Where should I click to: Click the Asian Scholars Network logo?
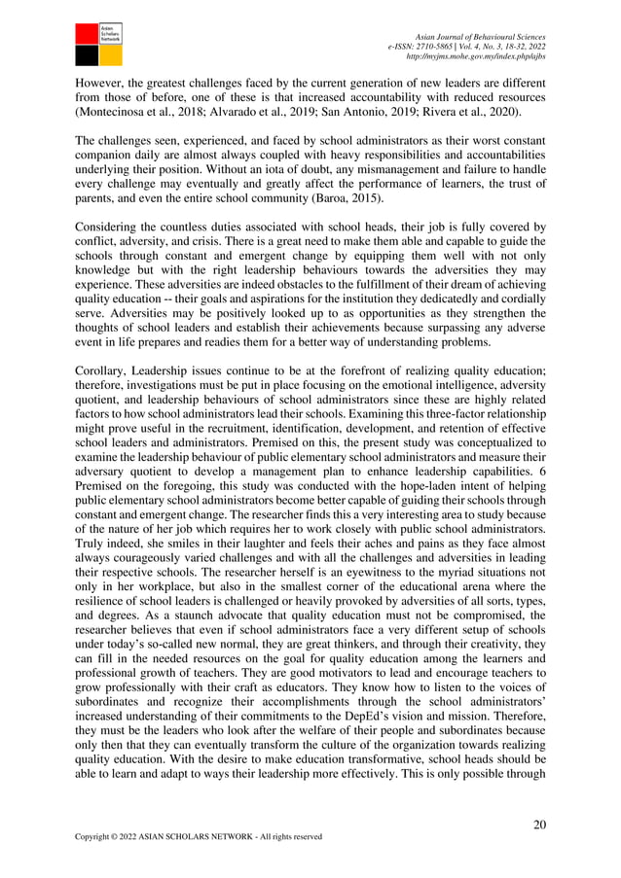pos(99,43)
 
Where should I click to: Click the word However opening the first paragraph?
pos(101,82)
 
